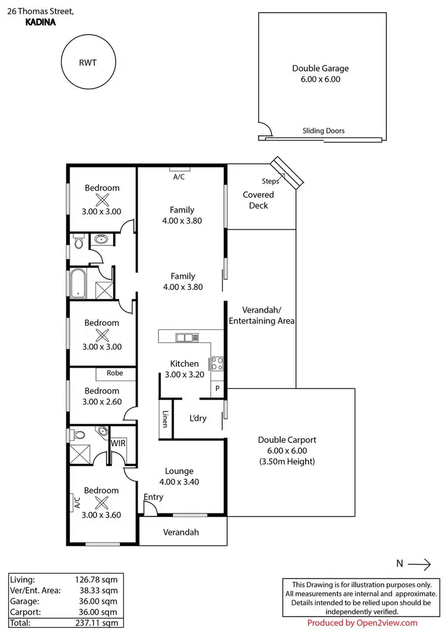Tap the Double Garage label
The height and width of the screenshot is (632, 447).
pyautogui.click(x=320, y=69)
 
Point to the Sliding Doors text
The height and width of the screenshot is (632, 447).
pyautogui.click(x=324, y=131)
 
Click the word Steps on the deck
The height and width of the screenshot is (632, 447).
pyautogui.click(x=270, y=181)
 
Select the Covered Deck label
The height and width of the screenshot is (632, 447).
pyautogui.click(x=259, y=200)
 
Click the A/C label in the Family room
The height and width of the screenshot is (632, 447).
pyautogui.click(x=179, y=177)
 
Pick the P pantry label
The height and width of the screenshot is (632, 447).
pyautogui.click(x=218, y=388)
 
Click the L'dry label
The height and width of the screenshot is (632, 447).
pyautogui.click(x=198, y=418)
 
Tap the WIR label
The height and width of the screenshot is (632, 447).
pyautogui.click(x=117, y=443)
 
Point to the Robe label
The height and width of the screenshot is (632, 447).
pyautogui.click(x=114, y=373)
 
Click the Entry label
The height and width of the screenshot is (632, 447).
pyautogui.click(x=153, y=497)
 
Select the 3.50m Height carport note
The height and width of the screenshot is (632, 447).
pyautogui.click(x=287, y=462)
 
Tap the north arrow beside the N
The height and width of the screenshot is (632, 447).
pyautogui.click(x=419, y=563)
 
